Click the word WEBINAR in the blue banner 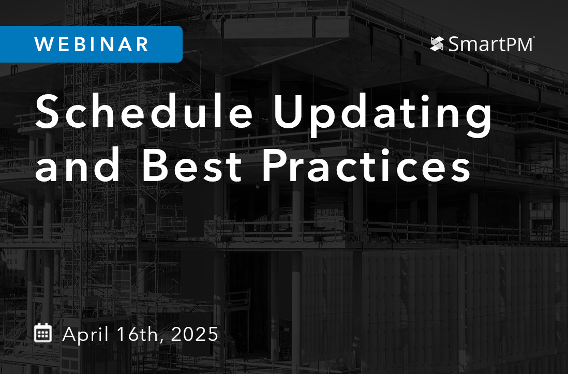click(92, 44)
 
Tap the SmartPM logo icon click(437, 44)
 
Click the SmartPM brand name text click(489, 44)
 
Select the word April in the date click(86, 334)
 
